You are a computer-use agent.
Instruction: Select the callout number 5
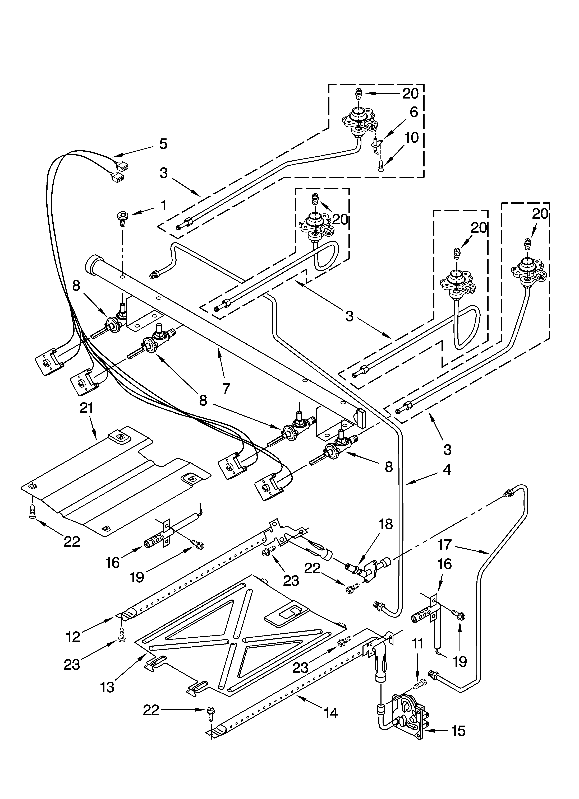coord(163,144)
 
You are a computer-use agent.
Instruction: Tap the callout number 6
coord(414,112)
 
